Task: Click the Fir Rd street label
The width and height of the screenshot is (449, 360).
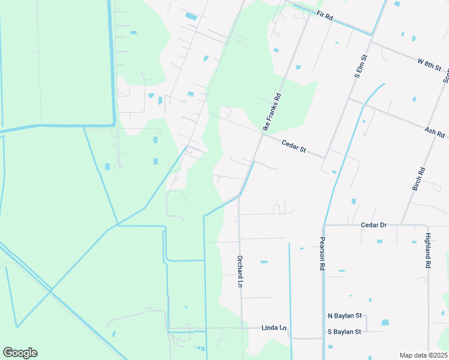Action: (x=323, y=15)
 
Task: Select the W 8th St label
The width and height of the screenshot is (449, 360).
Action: (x=429, y=64)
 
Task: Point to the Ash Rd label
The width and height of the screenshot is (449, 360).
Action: (x=433, y=131)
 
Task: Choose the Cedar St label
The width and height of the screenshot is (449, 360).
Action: (x=294, y=146)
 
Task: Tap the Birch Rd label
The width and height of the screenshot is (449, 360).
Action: (x=418, y=179)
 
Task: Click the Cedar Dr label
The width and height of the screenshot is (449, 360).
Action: (x=373, y=225)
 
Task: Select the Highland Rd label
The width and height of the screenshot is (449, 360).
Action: (x=427, y=250)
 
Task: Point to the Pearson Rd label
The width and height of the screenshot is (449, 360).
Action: (x=322, y=253)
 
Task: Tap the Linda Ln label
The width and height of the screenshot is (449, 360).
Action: (x=274, y=328)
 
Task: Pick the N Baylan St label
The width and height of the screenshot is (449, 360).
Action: (x=345, y=316)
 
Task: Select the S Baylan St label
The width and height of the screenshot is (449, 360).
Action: (x=345, y=331)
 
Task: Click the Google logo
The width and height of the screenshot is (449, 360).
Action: (x=20, y=352)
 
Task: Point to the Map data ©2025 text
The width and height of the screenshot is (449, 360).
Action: (x=423, y=355)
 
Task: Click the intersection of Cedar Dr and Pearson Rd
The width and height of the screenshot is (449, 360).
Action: (x=324, y=226)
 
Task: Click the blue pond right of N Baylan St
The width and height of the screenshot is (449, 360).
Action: (x=385, y=322)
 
